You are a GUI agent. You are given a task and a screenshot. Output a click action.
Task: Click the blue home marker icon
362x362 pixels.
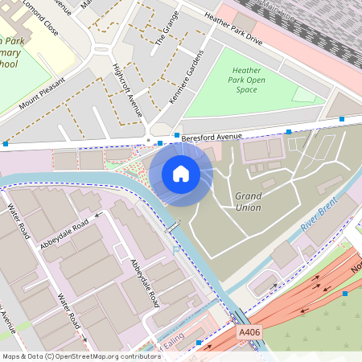(181, 173)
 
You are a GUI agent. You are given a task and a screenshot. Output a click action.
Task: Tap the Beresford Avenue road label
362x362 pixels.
(212, 138)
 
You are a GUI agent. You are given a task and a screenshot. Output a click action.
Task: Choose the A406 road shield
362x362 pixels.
(249, 331)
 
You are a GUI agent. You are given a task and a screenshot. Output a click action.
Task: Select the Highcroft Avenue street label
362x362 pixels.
(128, 90)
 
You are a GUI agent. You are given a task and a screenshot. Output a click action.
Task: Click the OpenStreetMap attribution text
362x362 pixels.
(81, 356)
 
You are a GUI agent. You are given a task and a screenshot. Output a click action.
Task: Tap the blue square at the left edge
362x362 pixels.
(6, 143)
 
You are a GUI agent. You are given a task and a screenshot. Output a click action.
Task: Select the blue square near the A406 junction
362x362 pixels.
(345, 294)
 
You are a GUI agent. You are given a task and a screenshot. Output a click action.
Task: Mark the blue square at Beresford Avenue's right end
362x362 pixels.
(342, 119)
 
